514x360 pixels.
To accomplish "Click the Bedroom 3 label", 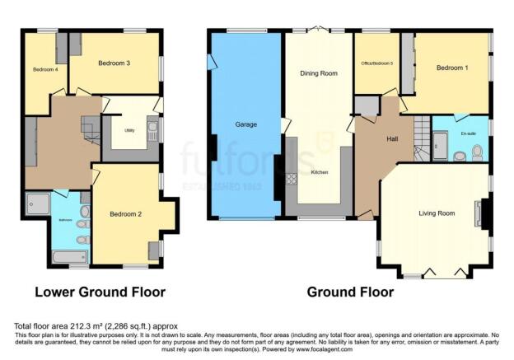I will [x=114, y=63].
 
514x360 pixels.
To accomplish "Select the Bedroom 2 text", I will [x=126, y=214].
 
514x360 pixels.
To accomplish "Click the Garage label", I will [x=246, y=124].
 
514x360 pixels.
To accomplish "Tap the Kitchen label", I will [x=320, y=172].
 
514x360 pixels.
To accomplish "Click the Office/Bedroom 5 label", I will [x=377, y=63].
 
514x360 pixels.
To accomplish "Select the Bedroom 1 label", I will [x=452, y=68].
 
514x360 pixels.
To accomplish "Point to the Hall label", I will [x=393, y=138].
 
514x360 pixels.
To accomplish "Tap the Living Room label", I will [x=437, y=213].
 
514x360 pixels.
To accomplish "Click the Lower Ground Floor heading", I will [x=100, y=292].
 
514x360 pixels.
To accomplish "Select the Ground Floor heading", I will [x=350, y=292].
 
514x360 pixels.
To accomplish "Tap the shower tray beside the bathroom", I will [x=38, y=203].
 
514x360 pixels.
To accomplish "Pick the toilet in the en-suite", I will [x=477, y=152].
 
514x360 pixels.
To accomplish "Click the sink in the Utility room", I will [x=152, y=128].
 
